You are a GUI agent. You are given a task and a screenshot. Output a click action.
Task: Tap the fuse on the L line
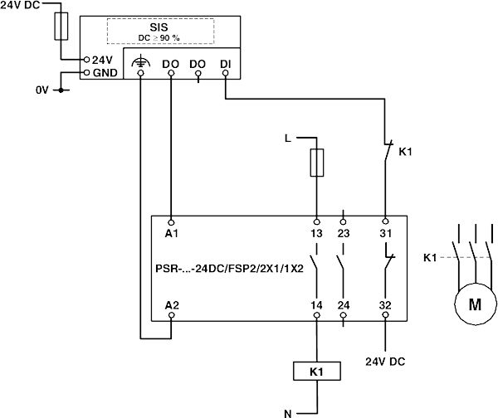coord(316,163)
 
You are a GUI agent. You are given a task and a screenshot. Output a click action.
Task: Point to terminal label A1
coord(172,234)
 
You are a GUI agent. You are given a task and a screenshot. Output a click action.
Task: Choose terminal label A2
coord(172,306)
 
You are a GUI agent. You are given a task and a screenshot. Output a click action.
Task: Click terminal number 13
coord(316,234)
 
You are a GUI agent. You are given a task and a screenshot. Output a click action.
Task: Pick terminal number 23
coord(344,234)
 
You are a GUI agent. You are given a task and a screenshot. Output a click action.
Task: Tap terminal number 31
coord(385,234)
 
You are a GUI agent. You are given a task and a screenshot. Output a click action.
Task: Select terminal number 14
coord(316,306)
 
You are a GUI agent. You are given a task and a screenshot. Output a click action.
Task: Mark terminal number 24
coord(344,306)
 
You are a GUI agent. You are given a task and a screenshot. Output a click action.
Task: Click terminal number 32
coord(385,306)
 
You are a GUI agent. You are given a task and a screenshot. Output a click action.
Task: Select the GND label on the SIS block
coord(106,72)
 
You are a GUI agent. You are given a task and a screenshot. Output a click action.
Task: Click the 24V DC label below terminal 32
coord(385,362)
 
